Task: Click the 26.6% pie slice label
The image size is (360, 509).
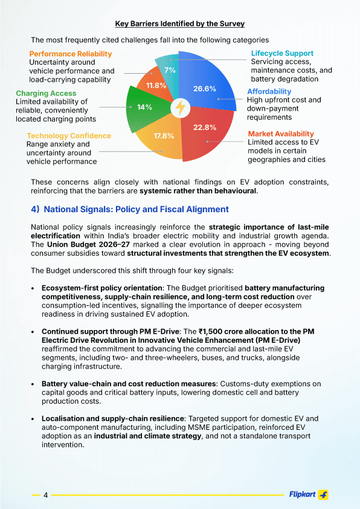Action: click(x=205, y=89)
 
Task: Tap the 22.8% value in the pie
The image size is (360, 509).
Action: click(x=205, y=128)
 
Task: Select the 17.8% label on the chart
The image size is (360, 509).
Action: click(x=164, y=136)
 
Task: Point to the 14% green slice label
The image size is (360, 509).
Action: click(x=144, y=107)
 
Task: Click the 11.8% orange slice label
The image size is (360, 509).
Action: click(x=156, y=85)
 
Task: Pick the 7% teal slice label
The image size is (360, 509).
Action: click(x=170, y=70)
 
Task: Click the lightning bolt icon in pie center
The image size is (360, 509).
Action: click(x=180, y=108)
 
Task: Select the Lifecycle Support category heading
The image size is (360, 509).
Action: click(x=282, y=53)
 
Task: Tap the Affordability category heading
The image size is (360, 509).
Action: click(x=269, y=91)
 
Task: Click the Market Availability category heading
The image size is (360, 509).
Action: click(x=281, y=134)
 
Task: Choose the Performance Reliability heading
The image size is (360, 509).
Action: click(x=70, y=54)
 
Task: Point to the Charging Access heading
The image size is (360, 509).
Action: click(x=46, y=93)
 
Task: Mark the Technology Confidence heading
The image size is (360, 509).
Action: click(x=69, y=136)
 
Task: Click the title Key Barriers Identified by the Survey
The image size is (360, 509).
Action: click(x=180, y=24)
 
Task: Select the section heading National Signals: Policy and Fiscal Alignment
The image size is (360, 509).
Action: click(x=130, y=209)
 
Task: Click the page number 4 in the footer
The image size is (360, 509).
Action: click(x=45, y=495)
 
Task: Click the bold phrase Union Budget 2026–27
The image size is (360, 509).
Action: click(x=85, y=244)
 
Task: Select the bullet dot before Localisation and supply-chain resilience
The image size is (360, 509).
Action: click(x=32, y=418)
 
